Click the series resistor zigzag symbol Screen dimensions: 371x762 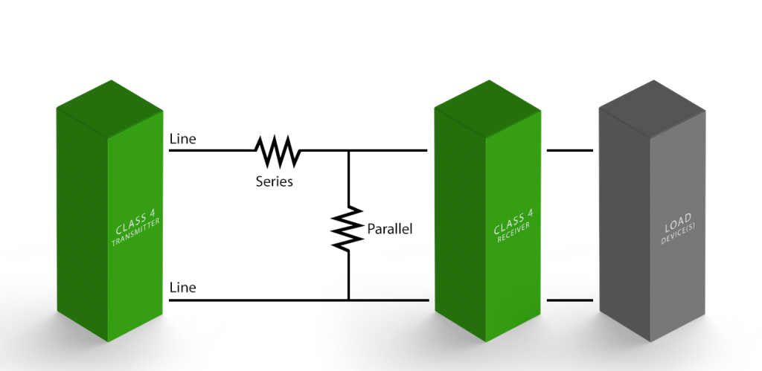[x=278, y=151]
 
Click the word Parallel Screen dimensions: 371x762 [x=389, y=229]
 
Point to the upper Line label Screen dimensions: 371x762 [x=183, y=139]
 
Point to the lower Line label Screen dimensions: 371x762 [x=183, y=287]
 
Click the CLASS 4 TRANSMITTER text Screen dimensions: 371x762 [x=136, y=231]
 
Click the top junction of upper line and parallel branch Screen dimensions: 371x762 [x=348, y=151]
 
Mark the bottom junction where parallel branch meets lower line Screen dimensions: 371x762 [x=348, y=300]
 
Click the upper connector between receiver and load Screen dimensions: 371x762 [x=569, y=151]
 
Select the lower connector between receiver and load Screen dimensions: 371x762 [x=569, y=300]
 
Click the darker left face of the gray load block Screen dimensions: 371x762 [x=624, y=223]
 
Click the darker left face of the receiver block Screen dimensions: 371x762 [x=459, y=223]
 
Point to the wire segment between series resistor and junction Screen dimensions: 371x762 [x=324, y=151]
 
